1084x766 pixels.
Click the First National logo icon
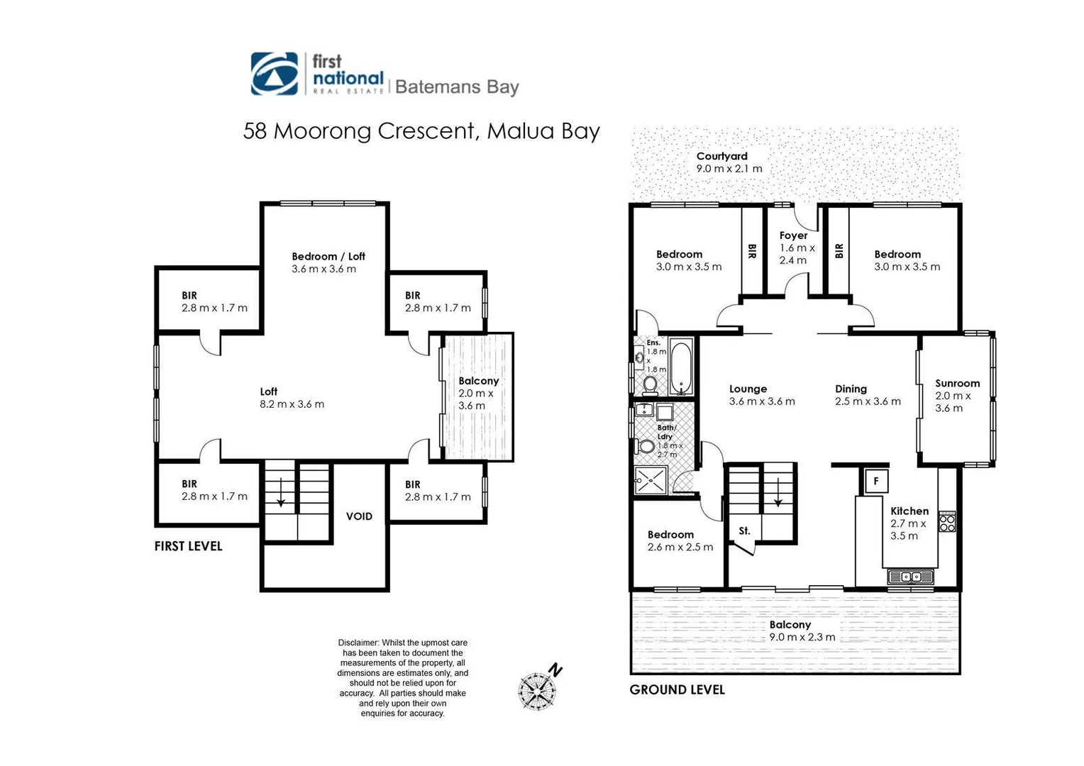point(275,74)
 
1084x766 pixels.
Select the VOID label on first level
point(359,516)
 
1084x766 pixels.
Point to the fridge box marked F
point(876,481)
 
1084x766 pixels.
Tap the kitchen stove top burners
point(947,523)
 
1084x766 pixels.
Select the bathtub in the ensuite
point(680,367)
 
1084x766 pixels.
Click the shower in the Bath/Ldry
point(651,479)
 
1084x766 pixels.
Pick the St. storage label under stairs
point(744,531)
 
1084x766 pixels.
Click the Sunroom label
point(957,383)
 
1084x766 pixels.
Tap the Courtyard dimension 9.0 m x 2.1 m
point(729,169)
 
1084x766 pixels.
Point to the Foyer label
point(793,235)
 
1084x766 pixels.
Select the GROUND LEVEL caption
point(677,689)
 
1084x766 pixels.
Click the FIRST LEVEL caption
point(188,546)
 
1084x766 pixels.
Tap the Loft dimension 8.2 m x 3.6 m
point(292,404)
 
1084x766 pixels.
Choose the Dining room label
point(851,389)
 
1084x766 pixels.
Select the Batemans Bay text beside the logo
point(457,87)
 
